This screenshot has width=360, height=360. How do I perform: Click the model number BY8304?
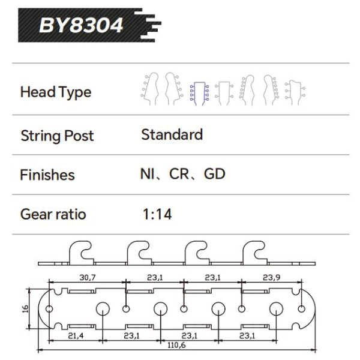[80, 25]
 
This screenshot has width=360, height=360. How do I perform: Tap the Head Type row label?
[56, 92]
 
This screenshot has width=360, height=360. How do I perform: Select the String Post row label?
[57, 136]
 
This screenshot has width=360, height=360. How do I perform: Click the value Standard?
[172, 134]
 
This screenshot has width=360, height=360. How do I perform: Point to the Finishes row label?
[47, 175]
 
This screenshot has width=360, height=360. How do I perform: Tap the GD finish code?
[214, 175]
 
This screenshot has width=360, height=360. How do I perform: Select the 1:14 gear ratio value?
[157, 214]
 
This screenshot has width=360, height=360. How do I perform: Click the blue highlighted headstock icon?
[199, 92]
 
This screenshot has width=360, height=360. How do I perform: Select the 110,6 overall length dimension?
[176, 346]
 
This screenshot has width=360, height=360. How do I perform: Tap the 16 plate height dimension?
[24, 309]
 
